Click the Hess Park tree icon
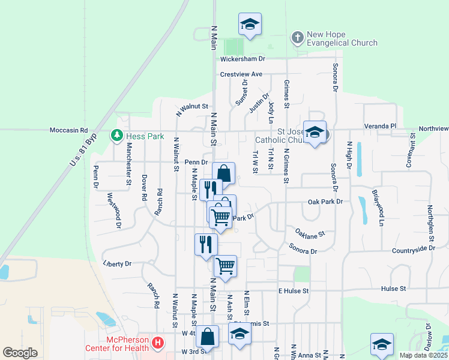pyautogui.click(x=117, y=136)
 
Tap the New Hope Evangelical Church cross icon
pyautogui.click(x=297, y=39)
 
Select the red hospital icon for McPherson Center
pyautogui.click(x=157, y=343)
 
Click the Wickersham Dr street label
pyautogui.click(x=243, y=59)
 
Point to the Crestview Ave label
pyautogui.click(x=241, y=74)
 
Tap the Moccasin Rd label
pyautogui.click(x=68, y=130)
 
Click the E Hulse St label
pyautogui.click(x=293, y=290)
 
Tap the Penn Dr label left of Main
pyautogui.click(x=196, y=162)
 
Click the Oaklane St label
pyautogui.click(x=309, y=232)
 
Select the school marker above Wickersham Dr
pyautogui.click(x=249, y=25)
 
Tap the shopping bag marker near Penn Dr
pyautogui.click(x=223, y=173)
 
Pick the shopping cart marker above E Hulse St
pyautogui.click(x=225, y=265)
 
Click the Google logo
pyautogui.click(x=20, y=352)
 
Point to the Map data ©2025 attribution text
pyautogui.click(x=424, y=355)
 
